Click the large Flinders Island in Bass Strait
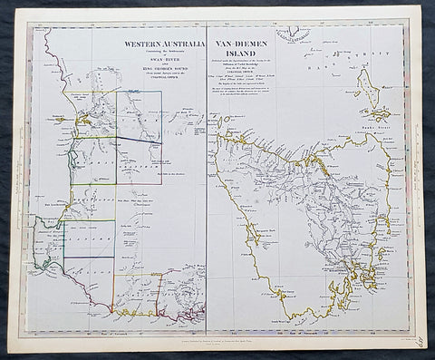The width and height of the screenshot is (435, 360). tap(368, 89)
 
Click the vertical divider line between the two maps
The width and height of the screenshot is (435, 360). tap(207, 181)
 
